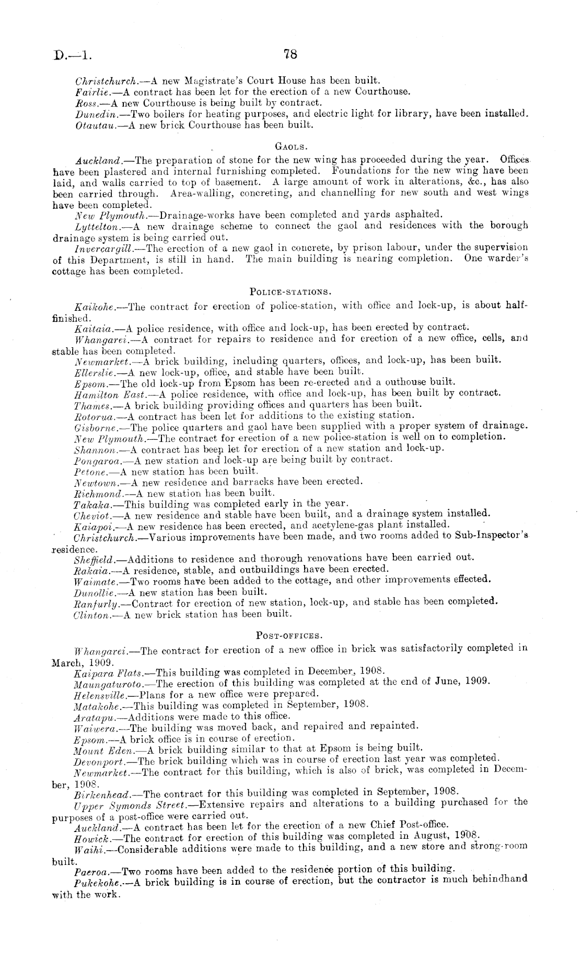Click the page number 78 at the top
pos(290,53)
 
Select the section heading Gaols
pos(290,147)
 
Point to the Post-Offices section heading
pos(290,636)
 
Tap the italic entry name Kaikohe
pos(92,307)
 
